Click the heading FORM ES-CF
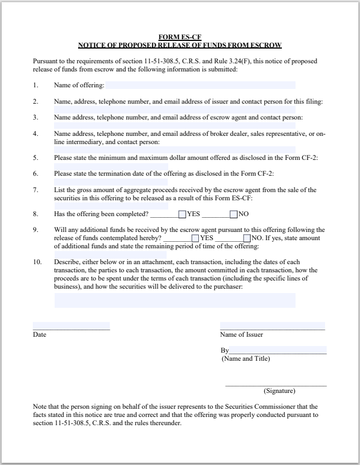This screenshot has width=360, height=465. (x=180, y=37)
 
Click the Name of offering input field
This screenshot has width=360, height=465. (x=200, y=85)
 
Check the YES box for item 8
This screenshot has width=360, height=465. (x=182, y=214)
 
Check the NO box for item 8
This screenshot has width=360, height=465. (x=233, y=214)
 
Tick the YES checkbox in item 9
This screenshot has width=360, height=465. (x=195, y=238)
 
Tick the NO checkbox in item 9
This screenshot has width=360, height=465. (x=247, y=238)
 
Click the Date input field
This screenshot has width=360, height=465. (x=71, y=326)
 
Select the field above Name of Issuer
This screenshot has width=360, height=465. (x=272, y=326)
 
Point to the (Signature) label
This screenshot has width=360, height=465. (x=279, y=391)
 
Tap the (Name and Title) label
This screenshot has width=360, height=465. (x=245, y=359)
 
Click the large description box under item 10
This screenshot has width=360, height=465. (x=175, y=300)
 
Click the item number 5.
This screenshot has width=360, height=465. (x=36, y=158)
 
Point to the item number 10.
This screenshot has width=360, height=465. (x=37, y=262)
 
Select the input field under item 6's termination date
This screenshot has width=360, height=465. (x=111, y=182)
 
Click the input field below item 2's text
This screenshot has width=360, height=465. (x=175, y=109)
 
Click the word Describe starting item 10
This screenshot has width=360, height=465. (x=66, y=262)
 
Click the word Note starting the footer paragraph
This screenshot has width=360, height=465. (x=39, y=407)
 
